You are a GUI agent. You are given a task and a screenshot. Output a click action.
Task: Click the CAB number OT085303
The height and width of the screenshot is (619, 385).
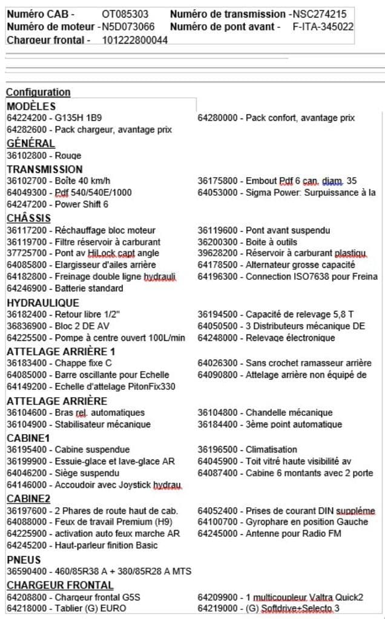[x=125, y=14]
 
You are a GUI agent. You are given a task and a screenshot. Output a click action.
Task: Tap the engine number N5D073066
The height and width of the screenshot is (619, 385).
[x=128, y=27]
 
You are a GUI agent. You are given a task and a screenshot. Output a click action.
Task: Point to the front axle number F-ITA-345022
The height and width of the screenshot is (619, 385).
[x=323, y=27]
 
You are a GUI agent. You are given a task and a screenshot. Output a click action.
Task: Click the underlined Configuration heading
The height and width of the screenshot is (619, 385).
[x=38, y=92]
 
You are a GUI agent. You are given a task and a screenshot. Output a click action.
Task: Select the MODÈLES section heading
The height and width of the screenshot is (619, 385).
[x=31, y=106]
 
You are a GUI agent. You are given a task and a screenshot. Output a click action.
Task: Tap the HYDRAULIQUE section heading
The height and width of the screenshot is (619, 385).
[x=43, y=302]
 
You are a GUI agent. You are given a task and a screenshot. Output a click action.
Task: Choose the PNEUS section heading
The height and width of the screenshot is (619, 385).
[x=24, y=559]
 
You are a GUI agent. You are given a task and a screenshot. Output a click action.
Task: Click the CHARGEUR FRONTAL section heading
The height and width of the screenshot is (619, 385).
[x=60, y=585]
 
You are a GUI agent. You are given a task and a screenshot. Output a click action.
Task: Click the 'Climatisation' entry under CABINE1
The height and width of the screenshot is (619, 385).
[x=271, y=450]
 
